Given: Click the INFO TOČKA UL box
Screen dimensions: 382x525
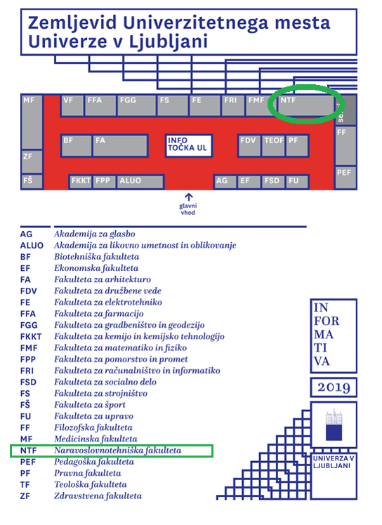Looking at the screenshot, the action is [x=189, y=146].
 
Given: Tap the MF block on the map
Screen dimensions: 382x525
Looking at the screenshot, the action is [x=32, y=122].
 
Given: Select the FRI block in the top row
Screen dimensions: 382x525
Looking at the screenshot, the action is [x=233, y=105].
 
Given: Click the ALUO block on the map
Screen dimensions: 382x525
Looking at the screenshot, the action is [x=140, y=182].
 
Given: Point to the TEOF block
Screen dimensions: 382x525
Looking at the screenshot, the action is [x=273, y=146].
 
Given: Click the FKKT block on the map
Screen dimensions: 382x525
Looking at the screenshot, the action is [x=81, y=182].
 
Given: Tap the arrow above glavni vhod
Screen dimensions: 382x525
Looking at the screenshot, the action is [x=189, y=197].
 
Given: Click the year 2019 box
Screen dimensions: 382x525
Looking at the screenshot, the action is [x=334, y=387].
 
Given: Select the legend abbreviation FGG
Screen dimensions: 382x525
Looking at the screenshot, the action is [x=29, y=325].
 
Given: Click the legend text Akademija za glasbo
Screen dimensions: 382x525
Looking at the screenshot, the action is [x=95, y=234].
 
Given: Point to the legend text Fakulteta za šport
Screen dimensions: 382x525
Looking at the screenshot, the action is [x=90, y=405].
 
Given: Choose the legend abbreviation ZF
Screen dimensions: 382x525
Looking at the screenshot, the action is [x=25, y=496].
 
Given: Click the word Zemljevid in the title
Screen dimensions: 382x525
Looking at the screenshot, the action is [x=72, y=23].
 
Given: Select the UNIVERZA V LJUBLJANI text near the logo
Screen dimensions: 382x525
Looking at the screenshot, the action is [x=334, y=462].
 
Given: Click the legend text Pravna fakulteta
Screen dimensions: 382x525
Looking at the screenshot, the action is [x=88, y=473].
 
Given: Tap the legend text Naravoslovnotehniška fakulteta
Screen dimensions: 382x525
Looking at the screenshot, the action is [x=117, y=451].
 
